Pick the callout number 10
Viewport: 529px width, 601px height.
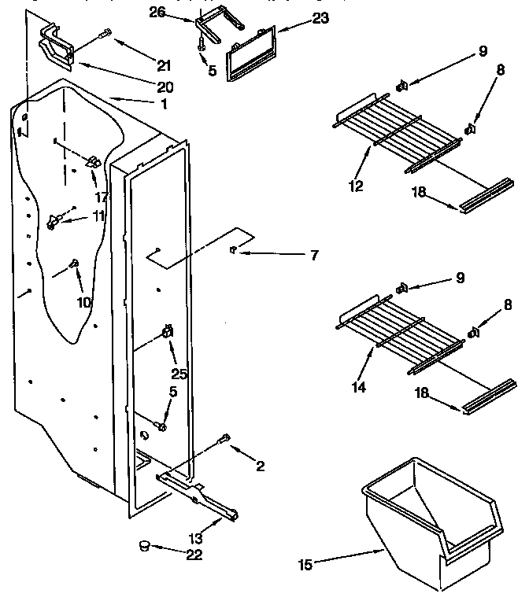point(83,301)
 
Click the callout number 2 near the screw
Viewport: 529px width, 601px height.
point(260,466)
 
